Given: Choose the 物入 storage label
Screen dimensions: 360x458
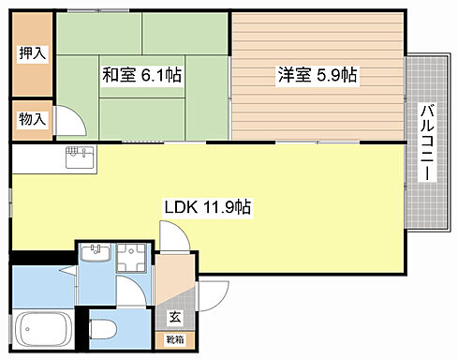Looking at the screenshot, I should coord(32,119).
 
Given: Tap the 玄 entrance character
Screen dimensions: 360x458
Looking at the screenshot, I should coord(174,317).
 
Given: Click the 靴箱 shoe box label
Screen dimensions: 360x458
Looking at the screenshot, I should coord(175,338).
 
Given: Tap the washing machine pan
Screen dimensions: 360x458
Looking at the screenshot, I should coord(132,259).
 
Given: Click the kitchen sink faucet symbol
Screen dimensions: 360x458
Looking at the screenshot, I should coord(79,153).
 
